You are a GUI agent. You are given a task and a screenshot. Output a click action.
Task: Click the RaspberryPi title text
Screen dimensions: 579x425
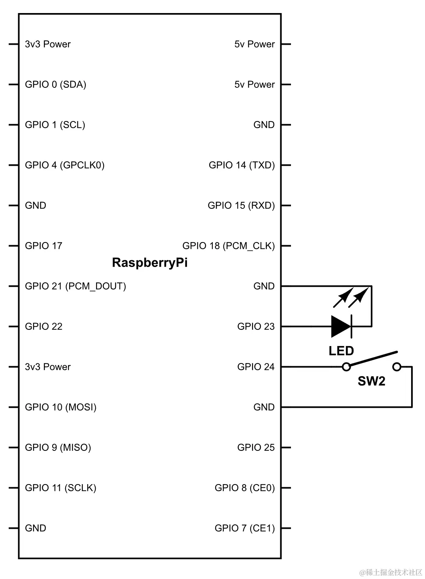[x=150, y=263]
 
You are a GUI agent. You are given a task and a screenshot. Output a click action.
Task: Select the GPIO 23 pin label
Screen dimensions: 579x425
[x=255, y=327]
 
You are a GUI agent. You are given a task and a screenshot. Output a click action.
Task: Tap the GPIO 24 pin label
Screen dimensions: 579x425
[x=255, y=367]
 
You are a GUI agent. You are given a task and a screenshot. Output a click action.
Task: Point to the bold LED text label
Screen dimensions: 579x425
[x=341, y=351]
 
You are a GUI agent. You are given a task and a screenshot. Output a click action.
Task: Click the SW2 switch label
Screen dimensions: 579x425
[x=371, y=381]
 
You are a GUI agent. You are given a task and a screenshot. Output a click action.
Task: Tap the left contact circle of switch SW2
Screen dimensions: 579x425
[x=346, y=367]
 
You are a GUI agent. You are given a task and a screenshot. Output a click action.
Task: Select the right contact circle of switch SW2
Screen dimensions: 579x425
[x=397, y=367]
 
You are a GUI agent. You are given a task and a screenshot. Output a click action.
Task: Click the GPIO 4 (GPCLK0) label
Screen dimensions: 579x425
[x=64, y=165]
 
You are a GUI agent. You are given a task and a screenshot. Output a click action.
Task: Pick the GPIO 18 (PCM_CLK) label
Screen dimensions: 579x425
[x=228, y=246]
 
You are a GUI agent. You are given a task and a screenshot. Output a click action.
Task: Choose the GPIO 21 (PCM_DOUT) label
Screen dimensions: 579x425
[x=75, y=286]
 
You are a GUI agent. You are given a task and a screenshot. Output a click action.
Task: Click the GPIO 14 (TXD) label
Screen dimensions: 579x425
[x=242, y=165]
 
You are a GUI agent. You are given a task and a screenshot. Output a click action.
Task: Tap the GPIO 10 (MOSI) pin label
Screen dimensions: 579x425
[x=60, y=407]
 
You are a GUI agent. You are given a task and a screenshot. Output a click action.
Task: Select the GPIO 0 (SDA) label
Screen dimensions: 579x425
[x=55, y=85]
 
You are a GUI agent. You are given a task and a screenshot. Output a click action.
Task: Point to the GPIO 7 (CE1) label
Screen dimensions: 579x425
[x=244, y=528]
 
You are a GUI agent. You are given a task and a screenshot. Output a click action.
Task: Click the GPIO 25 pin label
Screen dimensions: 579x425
[x=255, y=448]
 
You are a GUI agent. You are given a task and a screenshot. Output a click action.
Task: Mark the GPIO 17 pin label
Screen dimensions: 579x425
[x=43, y=246]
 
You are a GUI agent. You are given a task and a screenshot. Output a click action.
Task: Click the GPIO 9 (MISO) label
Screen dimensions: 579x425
[x=58, y=448]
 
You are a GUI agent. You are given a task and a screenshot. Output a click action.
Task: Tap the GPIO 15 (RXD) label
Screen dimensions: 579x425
[x=241, y=206]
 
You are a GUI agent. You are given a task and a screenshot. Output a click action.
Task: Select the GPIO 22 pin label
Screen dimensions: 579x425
[x=43, y=327]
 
